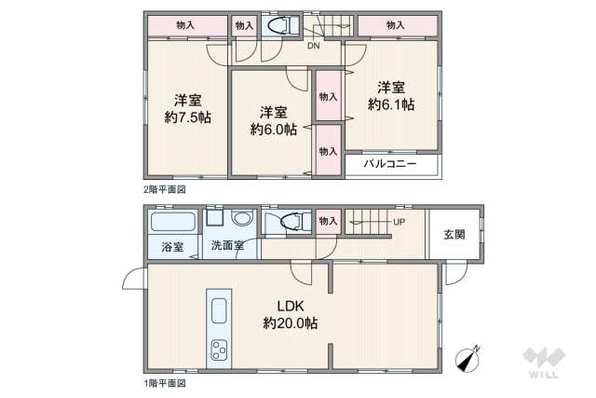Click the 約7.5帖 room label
[x=186, y=118]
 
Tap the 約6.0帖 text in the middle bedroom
[x=273, y=130]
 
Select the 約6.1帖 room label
[x=391, y=105]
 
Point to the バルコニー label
[x=388, y=164]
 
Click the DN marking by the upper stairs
[x=315, y=44]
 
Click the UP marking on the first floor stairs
[x=399, y=222]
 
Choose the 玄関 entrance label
[x=454, y=234]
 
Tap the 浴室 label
[x=172, y=247]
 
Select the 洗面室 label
[x=226, y=247]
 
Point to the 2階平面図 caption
[x=164, y=189]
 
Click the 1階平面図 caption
[x=164, y=382]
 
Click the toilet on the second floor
[x=279, y=24]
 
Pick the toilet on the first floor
[x=290, y=222]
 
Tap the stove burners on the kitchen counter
[x=221, y=350]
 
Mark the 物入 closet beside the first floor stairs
[x=328, y=221]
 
